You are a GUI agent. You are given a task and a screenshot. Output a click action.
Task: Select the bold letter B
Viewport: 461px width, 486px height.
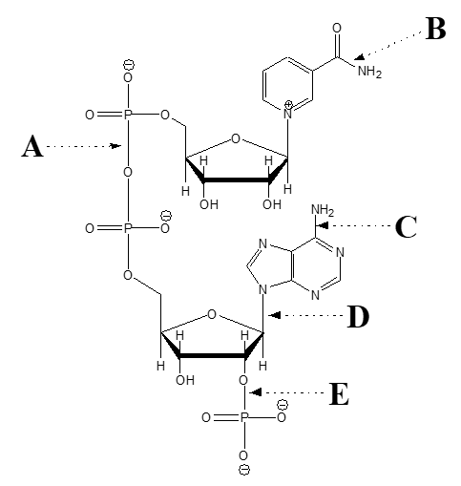point(435,30)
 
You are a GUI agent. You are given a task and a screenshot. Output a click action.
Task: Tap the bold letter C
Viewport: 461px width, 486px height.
point(406,227)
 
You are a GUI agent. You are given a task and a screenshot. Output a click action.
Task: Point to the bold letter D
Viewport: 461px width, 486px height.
point(358,316)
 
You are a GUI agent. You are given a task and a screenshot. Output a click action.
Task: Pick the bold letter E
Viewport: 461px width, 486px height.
point(338,393)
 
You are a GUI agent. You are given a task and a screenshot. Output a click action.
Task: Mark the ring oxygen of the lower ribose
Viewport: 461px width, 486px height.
point(212,312)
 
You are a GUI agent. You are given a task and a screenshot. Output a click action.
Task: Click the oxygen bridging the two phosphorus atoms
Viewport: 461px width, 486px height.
point(128,173)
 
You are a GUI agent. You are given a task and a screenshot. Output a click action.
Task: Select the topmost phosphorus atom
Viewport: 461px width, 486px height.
point(128,116)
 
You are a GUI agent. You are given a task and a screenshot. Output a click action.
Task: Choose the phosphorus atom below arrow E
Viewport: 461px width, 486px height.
point(243,418)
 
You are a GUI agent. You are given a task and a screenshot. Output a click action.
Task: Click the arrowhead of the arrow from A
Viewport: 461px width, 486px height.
point(117,147)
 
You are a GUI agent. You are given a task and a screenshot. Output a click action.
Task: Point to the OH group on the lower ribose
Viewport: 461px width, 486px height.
point(185,380)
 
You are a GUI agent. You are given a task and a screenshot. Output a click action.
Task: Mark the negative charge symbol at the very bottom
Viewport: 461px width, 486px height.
point(244,472)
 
